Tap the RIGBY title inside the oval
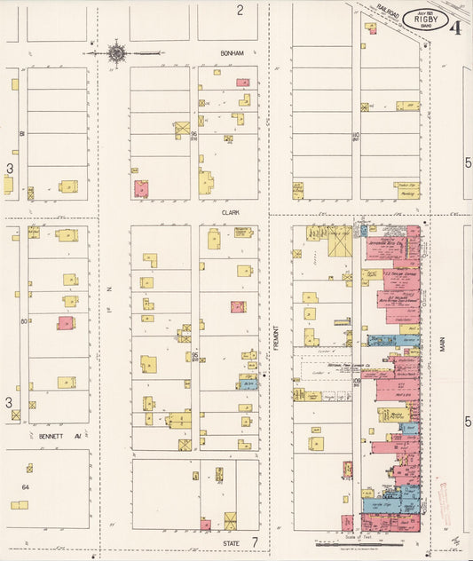click(x=423, y=19)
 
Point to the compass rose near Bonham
click(x=116, y=53)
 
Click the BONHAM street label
click(x=232, y=53)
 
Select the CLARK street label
click(x=232, y=213)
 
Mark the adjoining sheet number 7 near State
click(x=254, y=541)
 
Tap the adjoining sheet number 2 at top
click(x=240, y=11)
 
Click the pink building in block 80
click(x=66, y=323)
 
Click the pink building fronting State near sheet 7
click(x=205, y=525)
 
